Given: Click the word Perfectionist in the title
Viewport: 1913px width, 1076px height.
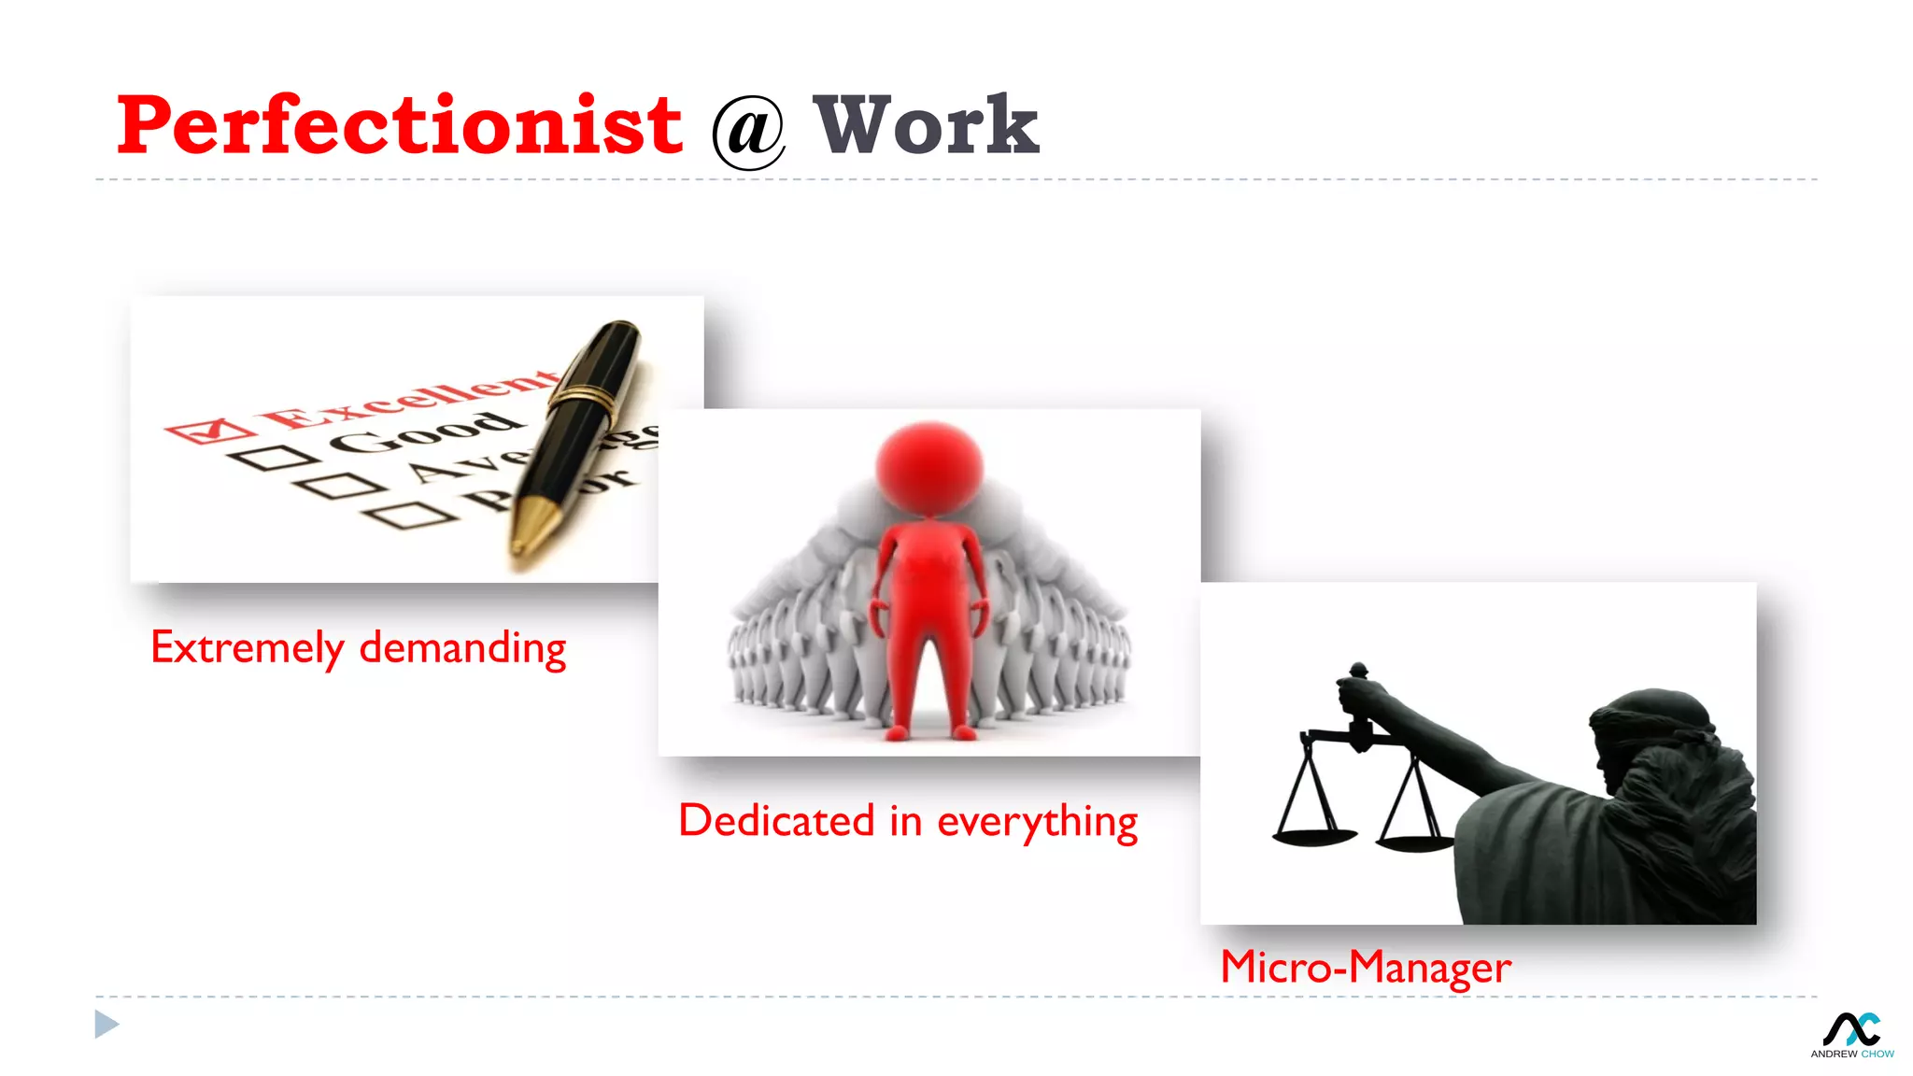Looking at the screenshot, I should coord(400,126).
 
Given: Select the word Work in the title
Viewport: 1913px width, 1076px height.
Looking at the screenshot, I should coord(926,126).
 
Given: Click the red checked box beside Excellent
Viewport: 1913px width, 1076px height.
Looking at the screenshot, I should coord(209,432).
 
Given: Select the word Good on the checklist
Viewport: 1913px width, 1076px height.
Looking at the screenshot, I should coord(425,432).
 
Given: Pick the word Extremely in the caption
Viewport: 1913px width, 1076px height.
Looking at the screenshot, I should coord(247,648).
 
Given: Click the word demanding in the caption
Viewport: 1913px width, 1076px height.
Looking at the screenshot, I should coord(463,648).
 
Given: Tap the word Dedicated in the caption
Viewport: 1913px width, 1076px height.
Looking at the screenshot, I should coord(776,821).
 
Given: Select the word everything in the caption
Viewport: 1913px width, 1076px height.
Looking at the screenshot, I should coord(1037,823).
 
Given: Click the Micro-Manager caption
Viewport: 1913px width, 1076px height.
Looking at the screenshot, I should coord(1366,968).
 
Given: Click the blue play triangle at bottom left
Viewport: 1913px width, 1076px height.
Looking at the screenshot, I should coord(106,1025).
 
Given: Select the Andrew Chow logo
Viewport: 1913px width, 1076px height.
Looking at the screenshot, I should coord(1852,1035).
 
